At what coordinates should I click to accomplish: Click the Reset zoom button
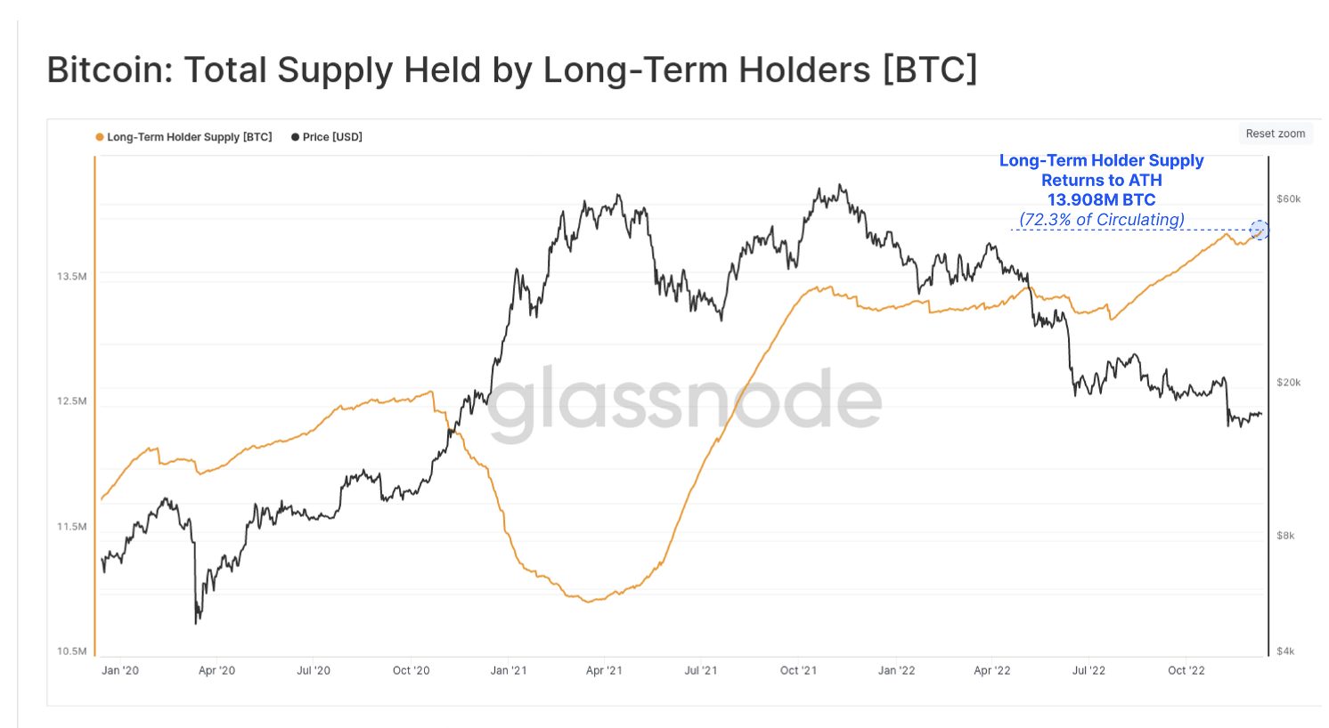tap(1275, 133)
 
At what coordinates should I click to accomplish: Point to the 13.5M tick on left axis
tap(72, 276)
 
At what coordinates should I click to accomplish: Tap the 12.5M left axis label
tap(72, 401)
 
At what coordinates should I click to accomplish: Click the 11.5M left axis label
tap(72, 527)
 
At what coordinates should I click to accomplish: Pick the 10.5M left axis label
tap(72, 651)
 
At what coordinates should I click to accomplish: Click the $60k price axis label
tap(1288, 198)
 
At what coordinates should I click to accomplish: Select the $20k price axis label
tap(1288, 383)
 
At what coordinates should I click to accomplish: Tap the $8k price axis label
tap(1285, 536)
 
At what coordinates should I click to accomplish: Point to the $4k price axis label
tap(1285, 651)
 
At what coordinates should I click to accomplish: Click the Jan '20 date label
tap(120, 670)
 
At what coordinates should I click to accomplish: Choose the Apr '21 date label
tap(604, 670)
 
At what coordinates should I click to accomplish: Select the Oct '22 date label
tap(1186, 670)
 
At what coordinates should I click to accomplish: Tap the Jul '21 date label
tap(701, 670)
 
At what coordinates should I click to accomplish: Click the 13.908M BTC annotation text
tap(1101, 199)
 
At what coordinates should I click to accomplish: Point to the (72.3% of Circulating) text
tap(1101, 219)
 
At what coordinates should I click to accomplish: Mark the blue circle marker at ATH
tap(1259, 231)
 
